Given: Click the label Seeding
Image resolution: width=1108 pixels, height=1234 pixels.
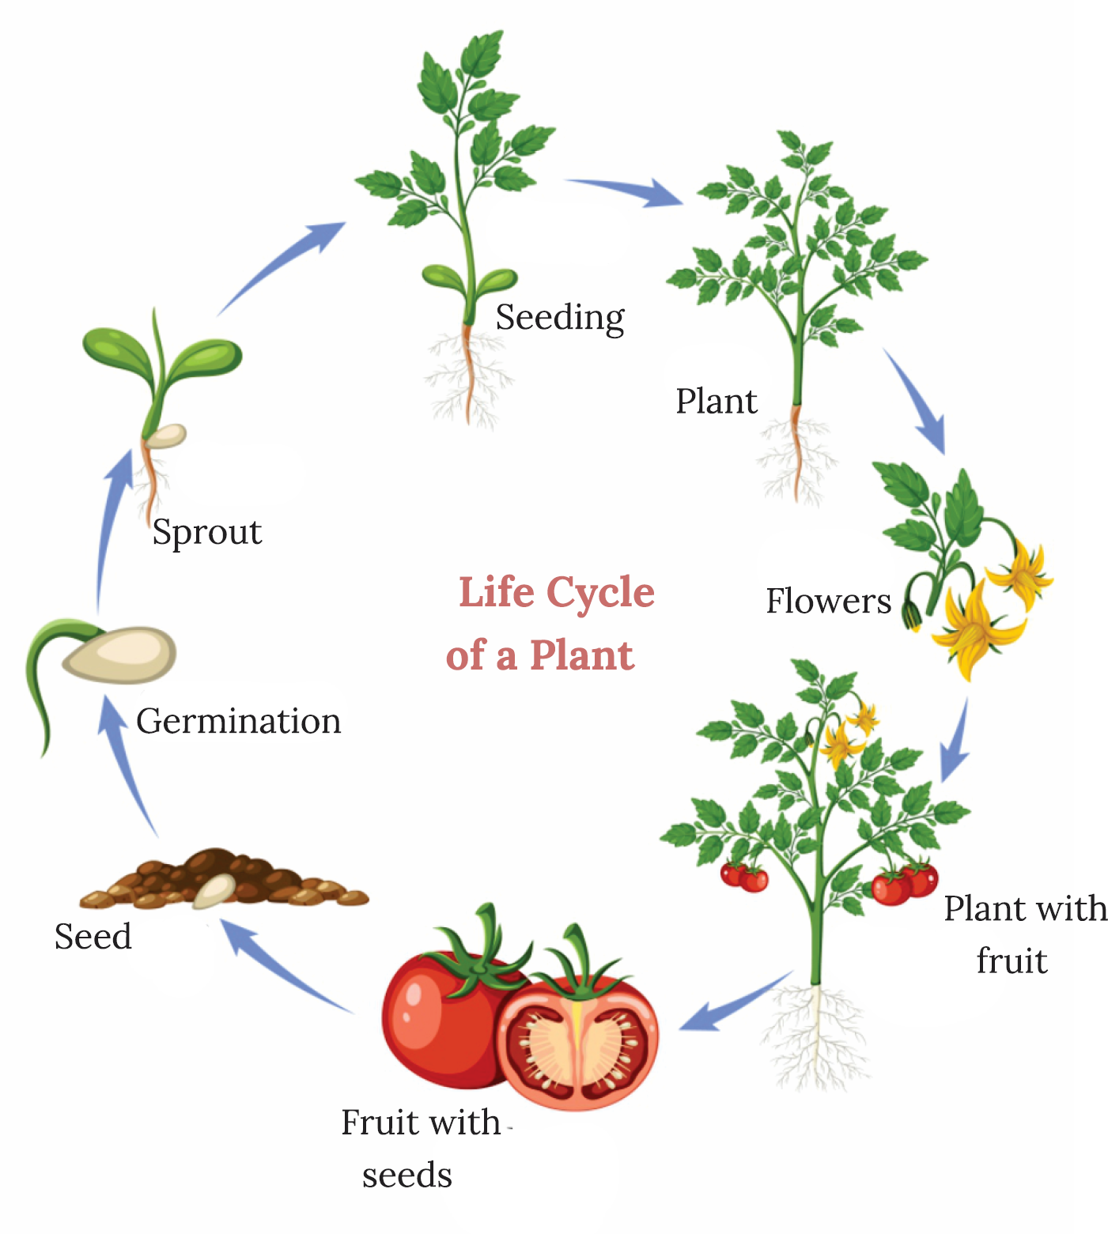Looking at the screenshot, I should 560,318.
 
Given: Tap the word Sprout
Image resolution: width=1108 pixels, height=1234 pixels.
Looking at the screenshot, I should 206,532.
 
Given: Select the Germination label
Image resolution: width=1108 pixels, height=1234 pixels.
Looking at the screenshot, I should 238,721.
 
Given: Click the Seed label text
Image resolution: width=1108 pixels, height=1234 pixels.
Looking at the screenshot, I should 93,937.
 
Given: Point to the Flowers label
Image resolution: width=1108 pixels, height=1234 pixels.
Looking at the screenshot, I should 828,602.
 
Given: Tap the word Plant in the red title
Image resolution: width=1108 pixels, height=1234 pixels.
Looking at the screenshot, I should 581,655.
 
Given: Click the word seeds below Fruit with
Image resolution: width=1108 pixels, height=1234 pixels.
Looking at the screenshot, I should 407,1176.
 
